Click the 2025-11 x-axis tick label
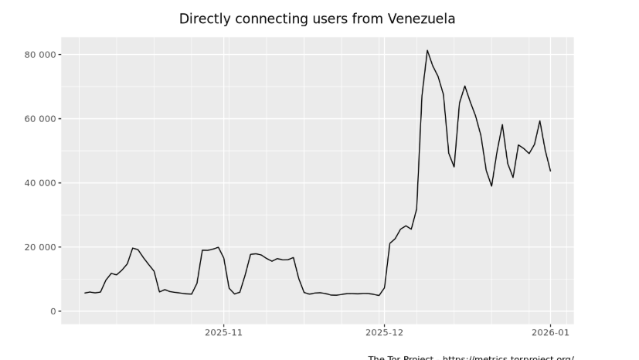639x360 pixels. coord(223,332)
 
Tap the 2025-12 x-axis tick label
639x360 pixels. coord(383,332)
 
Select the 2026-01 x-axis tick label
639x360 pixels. coord(550,332)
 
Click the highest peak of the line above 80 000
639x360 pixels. coord(427,50)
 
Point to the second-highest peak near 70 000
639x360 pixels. coord(464,86)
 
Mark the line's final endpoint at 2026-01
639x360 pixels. coord(550,171)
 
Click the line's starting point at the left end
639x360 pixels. coord(85,293)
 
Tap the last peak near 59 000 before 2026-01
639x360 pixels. coord(539,121)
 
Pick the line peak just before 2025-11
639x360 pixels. coord(219,247)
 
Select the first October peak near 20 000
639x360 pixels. coord(132,248)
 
